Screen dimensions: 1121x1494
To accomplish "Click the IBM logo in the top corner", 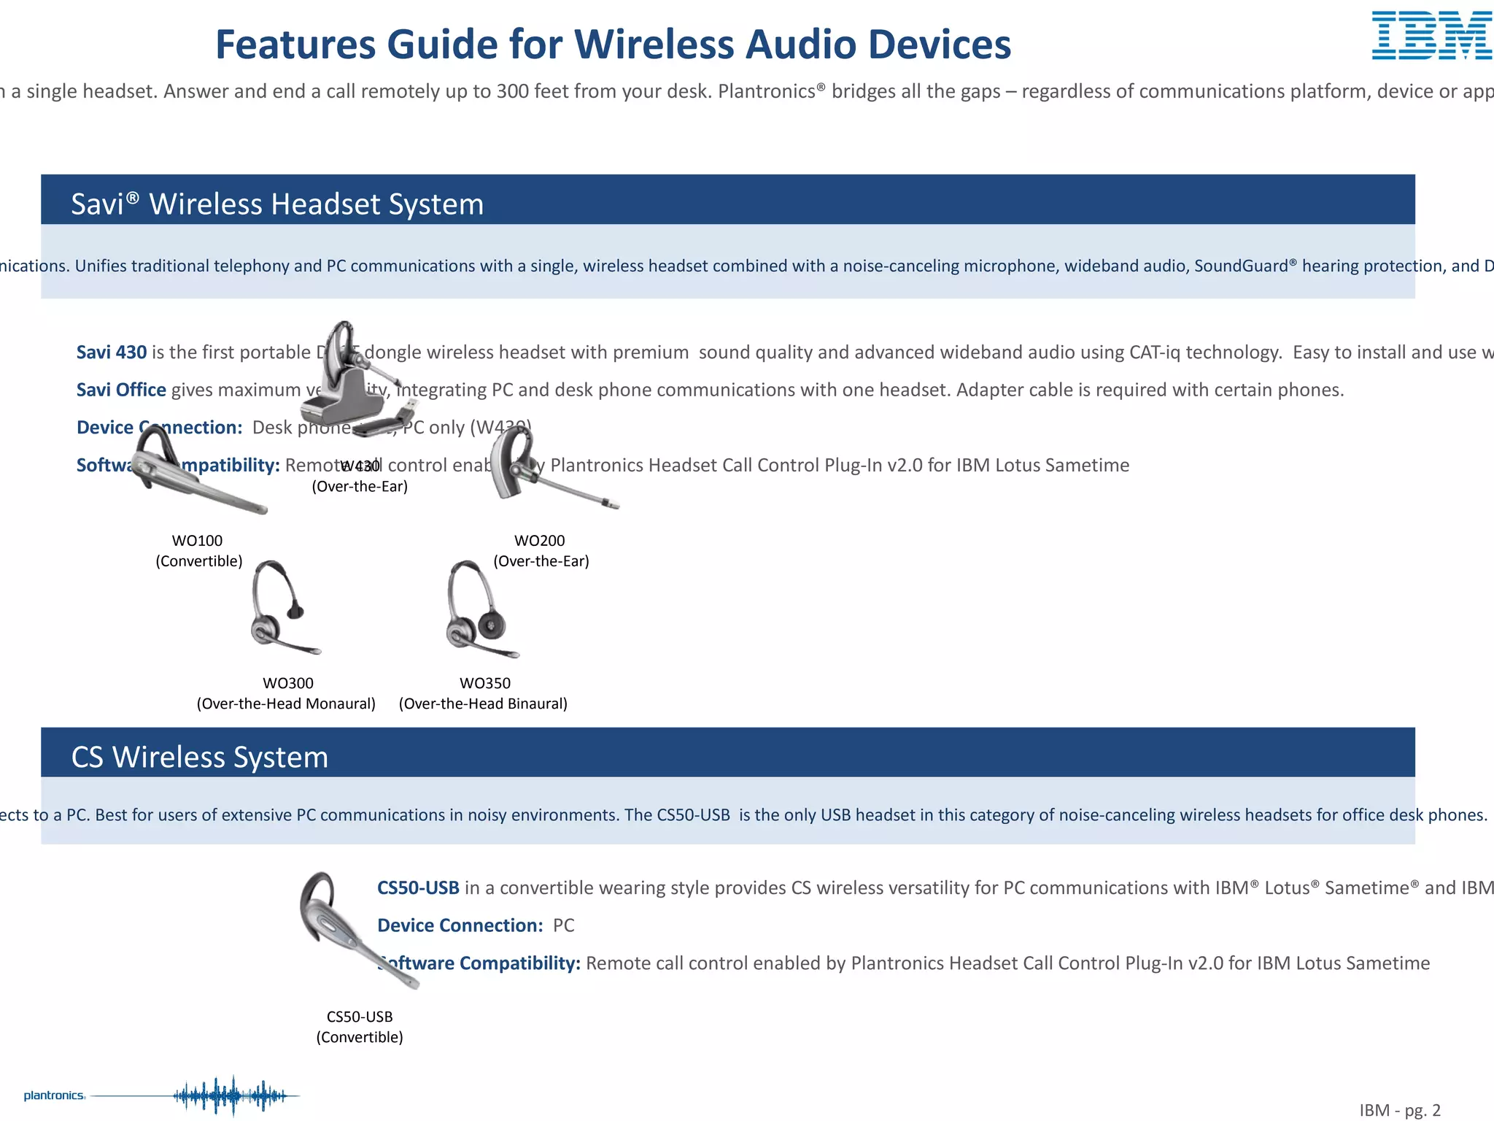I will point(1431,36).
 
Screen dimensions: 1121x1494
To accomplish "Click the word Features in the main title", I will point(295,45).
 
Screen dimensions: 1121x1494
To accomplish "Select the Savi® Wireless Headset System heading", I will point(277,204).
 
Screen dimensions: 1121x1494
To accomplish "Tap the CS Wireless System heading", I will point(199,757).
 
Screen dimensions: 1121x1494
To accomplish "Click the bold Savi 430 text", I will point(112,353).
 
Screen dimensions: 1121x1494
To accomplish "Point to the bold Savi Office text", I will point(121,390).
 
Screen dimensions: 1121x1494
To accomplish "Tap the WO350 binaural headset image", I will point(478,609).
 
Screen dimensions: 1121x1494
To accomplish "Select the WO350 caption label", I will point(484,684).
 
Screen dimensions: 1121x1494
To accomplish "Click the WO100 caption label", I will point(197,541).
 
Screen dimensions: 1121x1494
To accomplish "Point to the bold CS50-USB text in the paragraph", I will point(418,888).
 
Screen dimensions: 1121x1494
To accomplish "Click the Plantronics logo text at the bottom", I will point(54,1095).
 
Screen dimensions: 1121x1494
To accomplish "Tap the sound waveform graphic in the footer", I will point(233,1095).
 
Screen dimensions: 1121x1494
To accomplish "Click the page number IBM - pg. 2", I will point(1399,1110).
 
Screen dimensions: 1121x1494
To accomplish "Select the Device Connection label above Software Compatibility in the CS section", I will point(460,925).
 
